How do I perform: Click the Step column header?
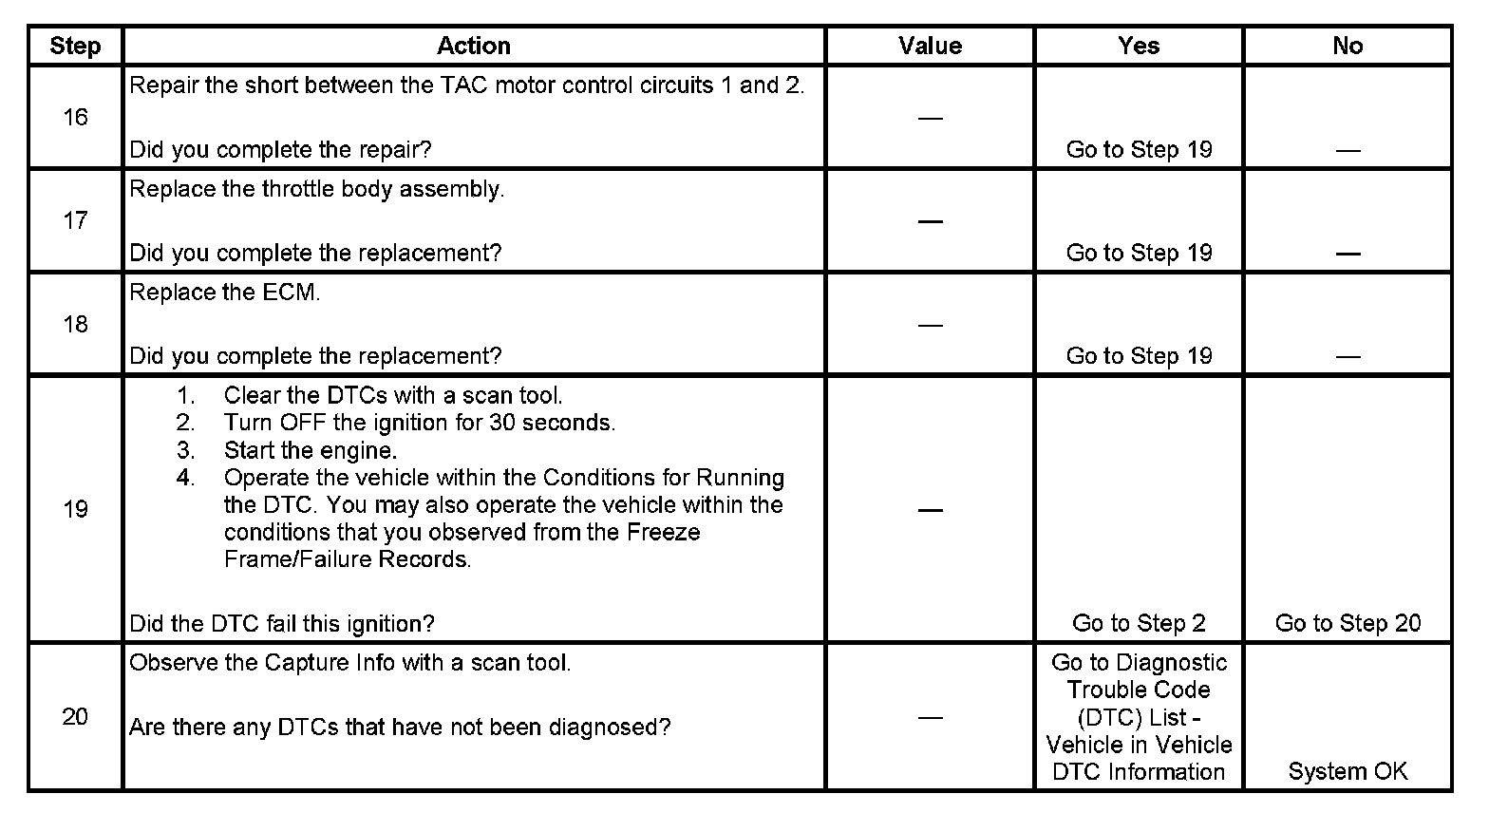tap(75, 46)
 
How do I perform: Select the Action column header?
tap(474, 46)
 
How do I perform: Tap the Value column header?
tap(930, 46)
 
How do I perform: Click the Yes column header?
tap(1139, 46)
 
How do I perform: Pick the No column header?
tap(1348, 46)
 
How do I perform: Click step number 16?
tap(75, 117)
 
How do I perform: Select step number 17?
tap(75, 220)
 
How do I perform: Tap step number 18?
tap(75, 324)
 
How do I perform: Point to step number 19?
tap(75, 509)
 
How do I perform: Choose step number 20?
tap(75, 716)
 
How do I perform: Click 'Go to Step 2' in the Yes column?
tap(1139, 623)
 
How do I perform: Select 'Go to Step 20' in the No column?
tap(1348, 623)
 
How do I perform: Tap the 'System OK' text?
tap(1348, 771)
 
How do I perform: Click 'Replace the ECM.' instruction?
tap(225, 293)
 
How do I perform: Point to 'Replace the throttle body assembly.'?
tap(316, 189)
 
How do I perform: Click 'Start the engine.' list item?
tap(311, 450)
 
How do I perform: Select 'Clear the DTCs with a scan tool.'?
tap(393, 395)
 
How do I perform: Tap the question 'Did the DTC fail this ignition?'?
tap(282, 624)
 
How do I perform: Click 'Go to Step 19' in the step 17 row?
tap(1139, 253)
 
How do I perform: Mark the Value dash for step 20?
tap(930, 717)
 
